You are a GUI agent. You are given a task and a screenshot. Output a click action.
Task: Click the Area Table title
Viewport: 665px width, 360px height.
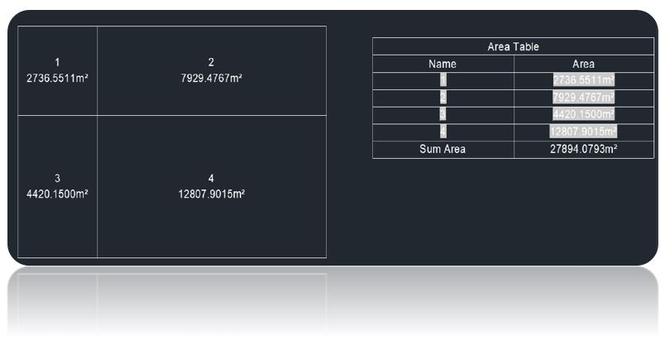coord(513,46)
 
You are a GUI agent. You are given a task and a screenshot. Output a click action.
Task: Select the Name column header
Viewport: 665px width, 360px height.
coord(443,64)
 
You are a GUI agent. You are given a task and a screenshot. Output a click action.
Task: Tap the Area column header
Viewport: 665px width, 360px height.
coord(583,64)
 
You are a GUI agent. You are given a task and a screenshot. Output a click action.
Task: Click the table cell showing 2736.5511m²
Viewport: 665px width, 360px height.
coord(584,79)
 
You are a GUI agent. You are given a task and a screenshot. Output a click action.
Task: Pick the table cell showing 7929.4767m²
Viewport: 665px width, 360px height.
coord(584,97)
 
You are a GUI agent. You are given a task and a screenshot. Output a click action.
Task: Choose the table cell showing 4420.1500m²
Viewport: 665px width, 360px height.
coord(584,114)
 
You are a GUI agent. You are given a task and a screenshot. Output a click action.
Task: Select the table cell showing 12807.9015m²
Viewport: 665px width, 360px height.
coord(584,132)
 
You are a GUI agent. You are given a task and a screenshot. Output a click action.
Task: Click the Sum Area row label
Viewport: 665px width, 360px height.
coord(443,149)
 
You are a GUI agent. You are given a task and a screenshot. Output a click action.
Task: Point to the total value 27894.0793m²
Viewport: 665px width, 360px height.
coord(584,149)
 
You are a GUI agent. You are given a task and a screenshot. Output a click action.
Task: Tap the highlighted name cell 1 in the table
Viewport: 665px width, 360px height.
coord(443,79)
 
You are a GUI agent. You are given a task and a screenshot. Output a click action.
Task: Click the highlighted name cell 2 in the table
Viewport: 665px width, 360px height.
coord(443,97)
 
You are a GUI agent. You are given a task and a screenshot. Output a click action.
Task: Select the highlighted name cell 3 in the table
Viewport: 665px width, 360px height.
coord(443,114)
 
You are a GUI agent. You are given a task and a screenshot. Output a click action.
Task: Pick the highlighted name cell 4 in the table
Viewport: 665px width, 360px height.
coord(443,132)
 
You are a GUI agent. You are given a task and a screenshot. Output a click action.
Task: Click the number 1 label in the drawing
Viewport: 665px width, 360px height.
coord(57,62)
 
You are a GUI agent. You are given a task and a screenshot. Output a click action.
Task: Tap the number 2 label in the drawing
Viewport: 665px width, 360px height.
coord(211,62)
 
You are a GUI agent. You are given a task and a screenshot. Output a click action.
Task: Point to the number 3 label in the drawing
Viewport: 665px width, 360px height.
coord(57,178)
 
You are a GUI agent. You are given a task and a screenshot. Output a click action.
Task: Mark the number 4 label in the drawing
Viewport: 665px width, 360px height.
coord(211,178)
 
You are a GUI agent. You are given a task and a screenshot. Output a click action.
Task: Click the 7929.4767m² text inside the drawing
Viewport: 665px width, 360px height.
coord(211,78)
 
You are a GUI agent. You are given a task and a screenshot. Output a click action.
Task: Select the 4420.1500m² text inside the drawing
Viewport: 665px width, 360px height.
coord(57,194)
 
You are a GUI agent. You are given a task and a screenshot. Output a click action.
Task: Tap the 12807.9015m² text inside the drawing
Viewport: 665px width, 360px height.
coord(211,194)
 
